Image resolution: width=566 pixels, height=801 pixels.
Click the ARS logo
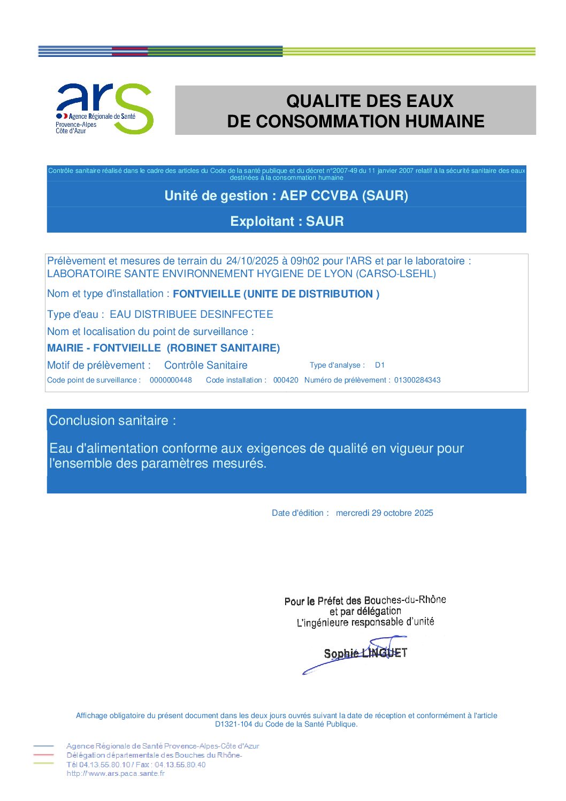click(x=105, y=109)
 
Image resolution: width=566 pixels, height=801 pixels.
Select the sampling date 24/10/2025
click(x=252, y=261)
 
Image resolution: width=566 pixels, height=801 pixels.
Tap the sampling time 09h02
click(x=304, y=261)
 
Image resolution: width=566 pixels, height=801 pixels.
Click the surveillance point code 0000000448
click(x=171, y=380)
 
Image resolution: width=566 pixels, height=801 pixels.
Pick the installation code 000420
click(x=286, y=380)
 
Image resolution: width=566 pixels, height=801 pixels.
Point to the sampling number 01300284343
click(x=417, y=380)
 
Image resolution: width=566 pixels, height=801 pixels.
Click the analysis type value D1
click(x=380, y=365)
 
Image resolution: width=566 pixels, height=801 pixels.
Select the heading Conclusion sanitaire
click(x=112, y=421)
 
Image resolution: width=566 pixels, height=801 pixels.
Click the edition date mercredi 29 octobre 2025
click(x=384, y=513)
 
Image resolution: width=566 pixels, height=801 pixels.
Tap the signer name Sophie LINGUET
click(x=365, y=653)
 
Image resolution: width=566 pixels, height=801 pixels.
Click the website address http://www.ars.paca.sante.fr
click(x=116, y=774)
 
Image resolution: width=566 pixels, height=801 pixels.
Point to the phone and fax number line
click(x=136, y=765)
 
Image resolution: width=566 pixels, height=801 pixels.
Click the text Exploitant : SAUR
click(x=287, y=222)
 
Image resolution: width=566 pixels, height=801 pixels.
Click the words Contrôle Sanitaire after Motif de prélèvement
click(x=205, y=365)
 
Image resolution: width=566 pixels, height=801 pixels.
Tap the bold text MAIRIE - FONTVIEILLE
click(x=104, y=348)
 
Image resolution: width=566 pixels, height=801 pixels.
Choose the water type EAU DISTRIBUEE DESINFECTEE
click(x=191, y=315)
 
